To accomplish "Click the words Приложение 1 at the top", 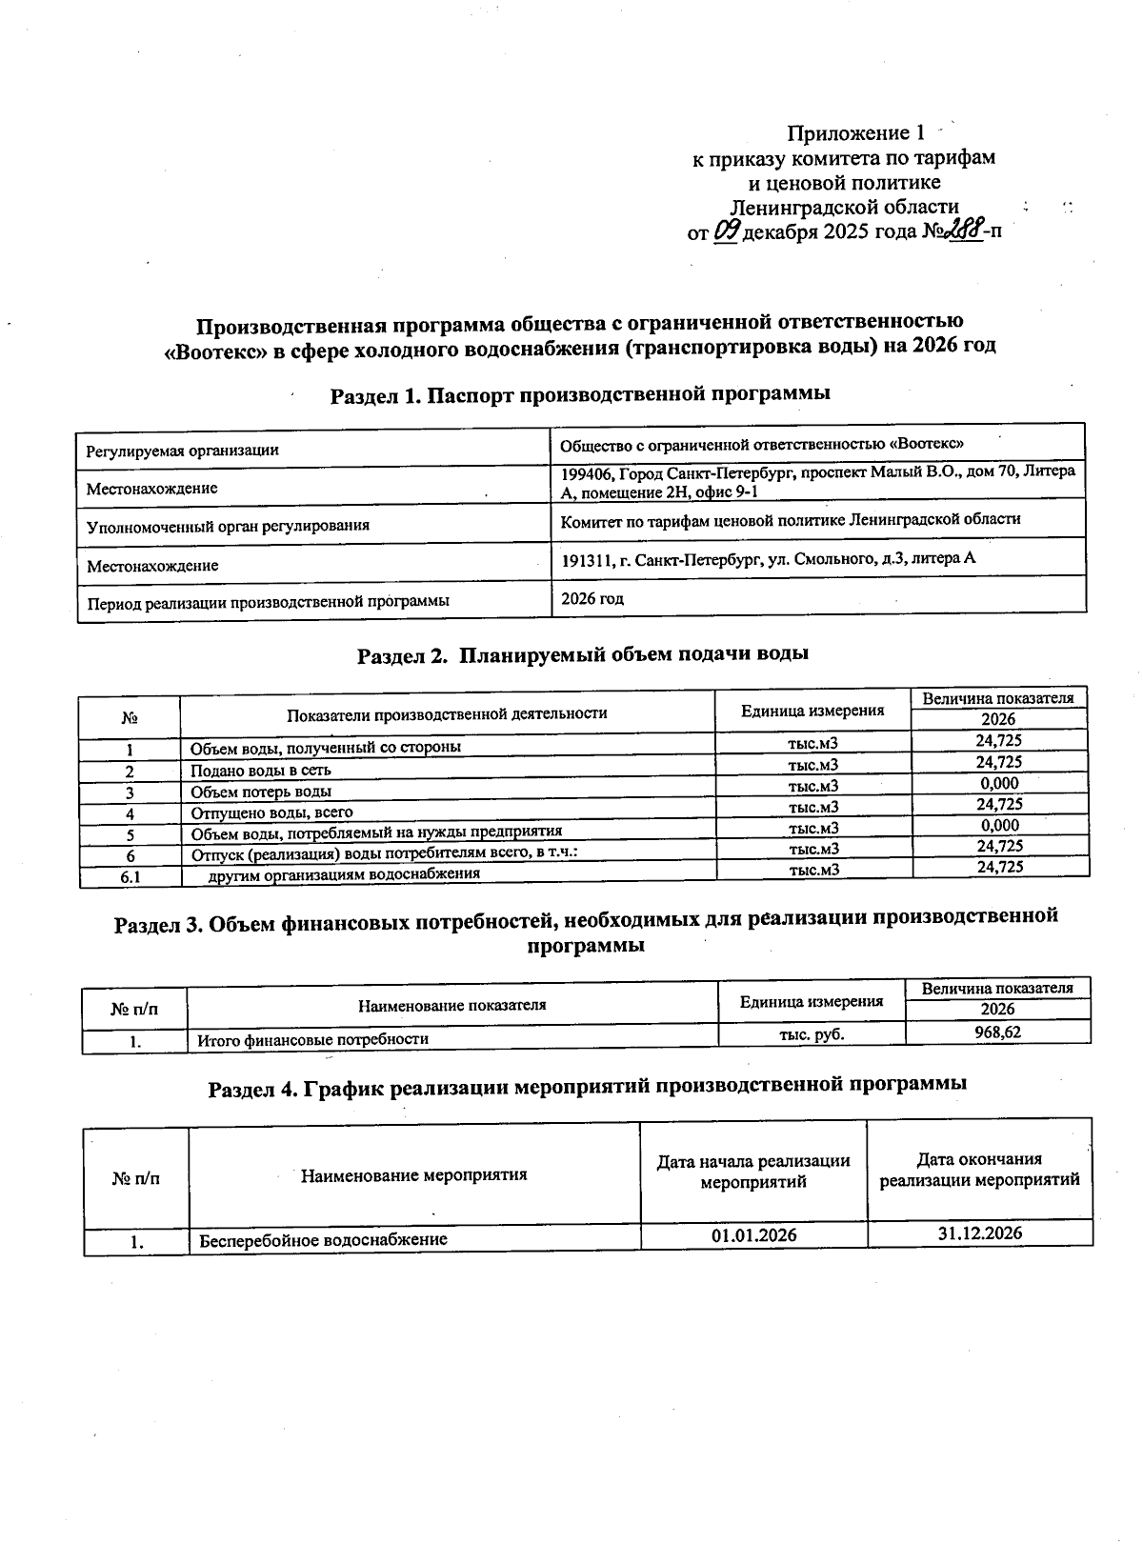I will pyautogui.click(x=855, y=133).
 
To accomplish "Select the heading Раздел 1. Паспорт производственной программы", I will pyautogui.click(x=580, y=394).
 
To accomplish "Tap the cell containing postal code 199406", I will pyautogui.click(x=817, y=481).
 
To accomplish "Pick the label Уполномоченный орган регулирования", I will pyautogui.click(x=228, y=526).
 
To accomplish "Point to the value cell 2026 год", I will pyautogui.click(x=592, y=599).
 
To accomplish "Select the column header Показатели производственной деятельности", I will pyautogui.click(x=447, y=712).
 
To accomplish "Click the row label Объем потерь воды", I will pyautogui.click(x=261, y=792).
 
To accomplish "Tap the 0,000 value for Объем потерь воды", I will pyautogui.click(x=999, y=783).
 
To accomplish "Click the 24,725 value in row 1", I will pyautogui.click(x=999, y=740).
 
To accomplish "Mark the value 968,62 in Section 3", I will pyautogui.click(x=997, y=1032).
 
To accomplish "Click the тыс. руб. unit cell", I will pyautogui.click(x=812, y=1033).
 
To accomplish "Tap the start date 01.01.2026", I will pyautogui.click(x=753, y=1235).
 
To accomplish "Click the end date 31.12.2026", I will pyautogui.click(x=979, y=1233).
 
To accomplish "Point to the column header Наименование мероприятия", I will pyautogui.click(x=414, y=1174).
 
